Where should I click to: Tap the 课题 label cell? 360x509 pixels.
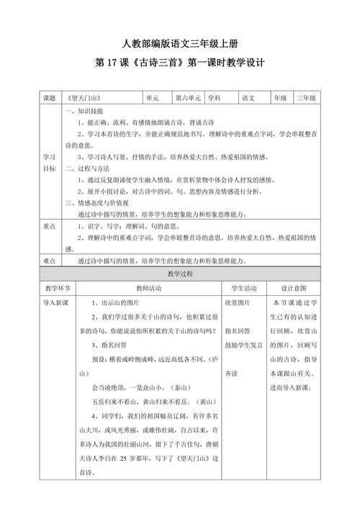pos(50,97)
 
